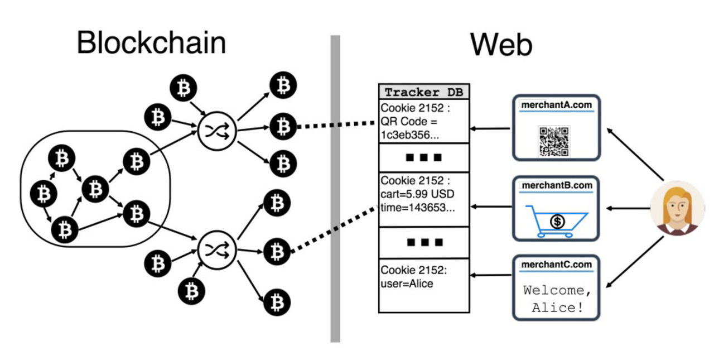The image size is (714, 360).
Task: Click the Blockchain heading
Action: point(151,44)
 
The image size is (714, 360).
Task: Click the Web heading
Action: point(500,45)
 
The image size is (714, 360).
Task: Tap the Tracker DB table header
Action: point(423,92)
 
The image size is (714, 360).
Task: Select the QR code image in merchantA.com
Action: point(553,141)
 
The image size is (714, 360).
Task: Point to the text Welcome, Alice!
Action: point(556,299)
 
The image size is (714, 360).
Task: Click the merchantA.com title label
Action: point(556,105)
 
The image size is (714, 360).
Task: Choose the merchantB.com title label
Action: point(556,185)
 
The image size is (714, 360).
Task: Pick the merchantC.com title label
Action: point(556,264)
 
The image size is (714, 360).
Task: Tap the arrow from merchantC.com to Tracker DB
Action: point(491,275)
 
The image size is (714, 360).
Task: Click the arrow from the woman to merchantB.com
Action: point(628,208)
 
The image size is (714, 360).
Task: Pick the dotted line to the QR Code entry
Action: point(335,124)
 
